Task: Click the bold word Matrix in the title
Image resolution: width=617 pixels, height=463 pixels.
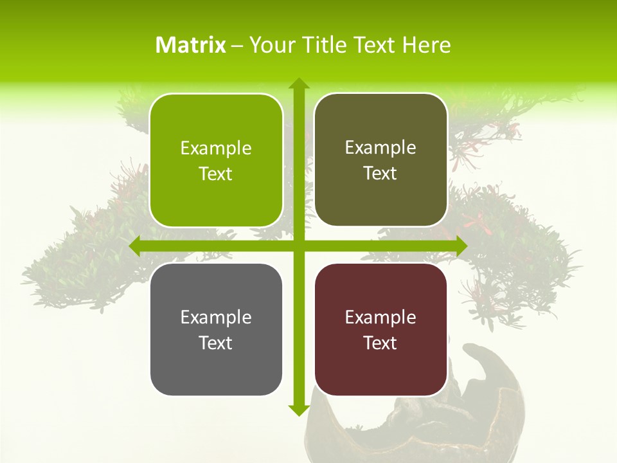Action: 191,45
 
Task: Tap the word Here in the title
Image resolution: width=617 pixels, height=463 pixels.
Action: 426,45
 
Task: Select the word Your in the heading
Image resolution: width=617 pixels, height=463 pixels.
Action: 272,45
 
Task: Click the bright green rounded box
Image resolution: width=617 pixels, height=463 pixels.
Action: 216,160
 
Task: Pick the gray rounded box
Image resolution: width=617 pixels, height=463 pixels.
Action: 216,329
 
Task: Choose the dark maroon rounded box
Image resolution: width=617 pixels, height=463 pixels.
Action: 380,329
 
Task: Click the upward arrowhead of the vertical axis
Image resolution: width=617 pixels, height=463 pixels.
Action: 298,84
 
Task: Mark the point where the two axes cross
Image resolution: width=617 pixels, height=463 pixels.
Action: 298,246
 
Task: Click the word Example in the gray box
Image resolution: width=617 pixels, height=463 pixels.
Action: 216,317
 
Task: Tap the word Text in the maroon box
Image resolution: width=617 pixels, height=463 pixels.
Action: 380,343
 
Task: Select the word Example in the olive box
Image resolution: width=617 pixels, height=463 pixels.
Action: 380,147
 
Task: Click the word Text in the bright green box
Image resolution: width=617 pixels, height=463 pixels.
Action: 216,174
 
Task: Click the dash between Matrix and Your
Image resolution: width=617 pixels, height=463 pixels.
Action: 237,45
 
